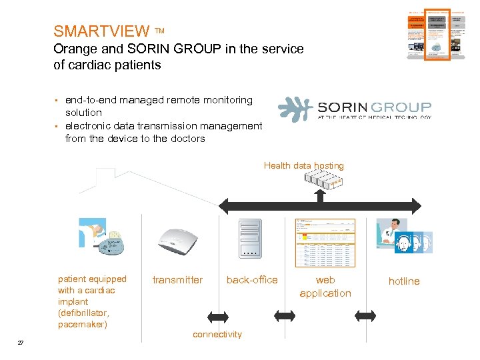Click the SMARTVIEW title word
pos(101,31)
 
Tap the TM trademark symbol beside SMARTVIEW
pos(160,31)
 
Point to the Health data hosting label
pos(304,165)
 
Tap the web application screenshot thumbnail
pos(325,242)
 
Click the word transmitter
pos(177,280)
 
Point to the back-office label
pos(252,280)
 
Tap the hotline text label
pos(404,281)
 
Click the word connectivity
pos(217,334)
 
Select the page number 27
pos(21,343)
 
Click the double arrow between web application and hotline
pos(365,315)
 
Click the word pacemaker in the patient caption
pos(83,325)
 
